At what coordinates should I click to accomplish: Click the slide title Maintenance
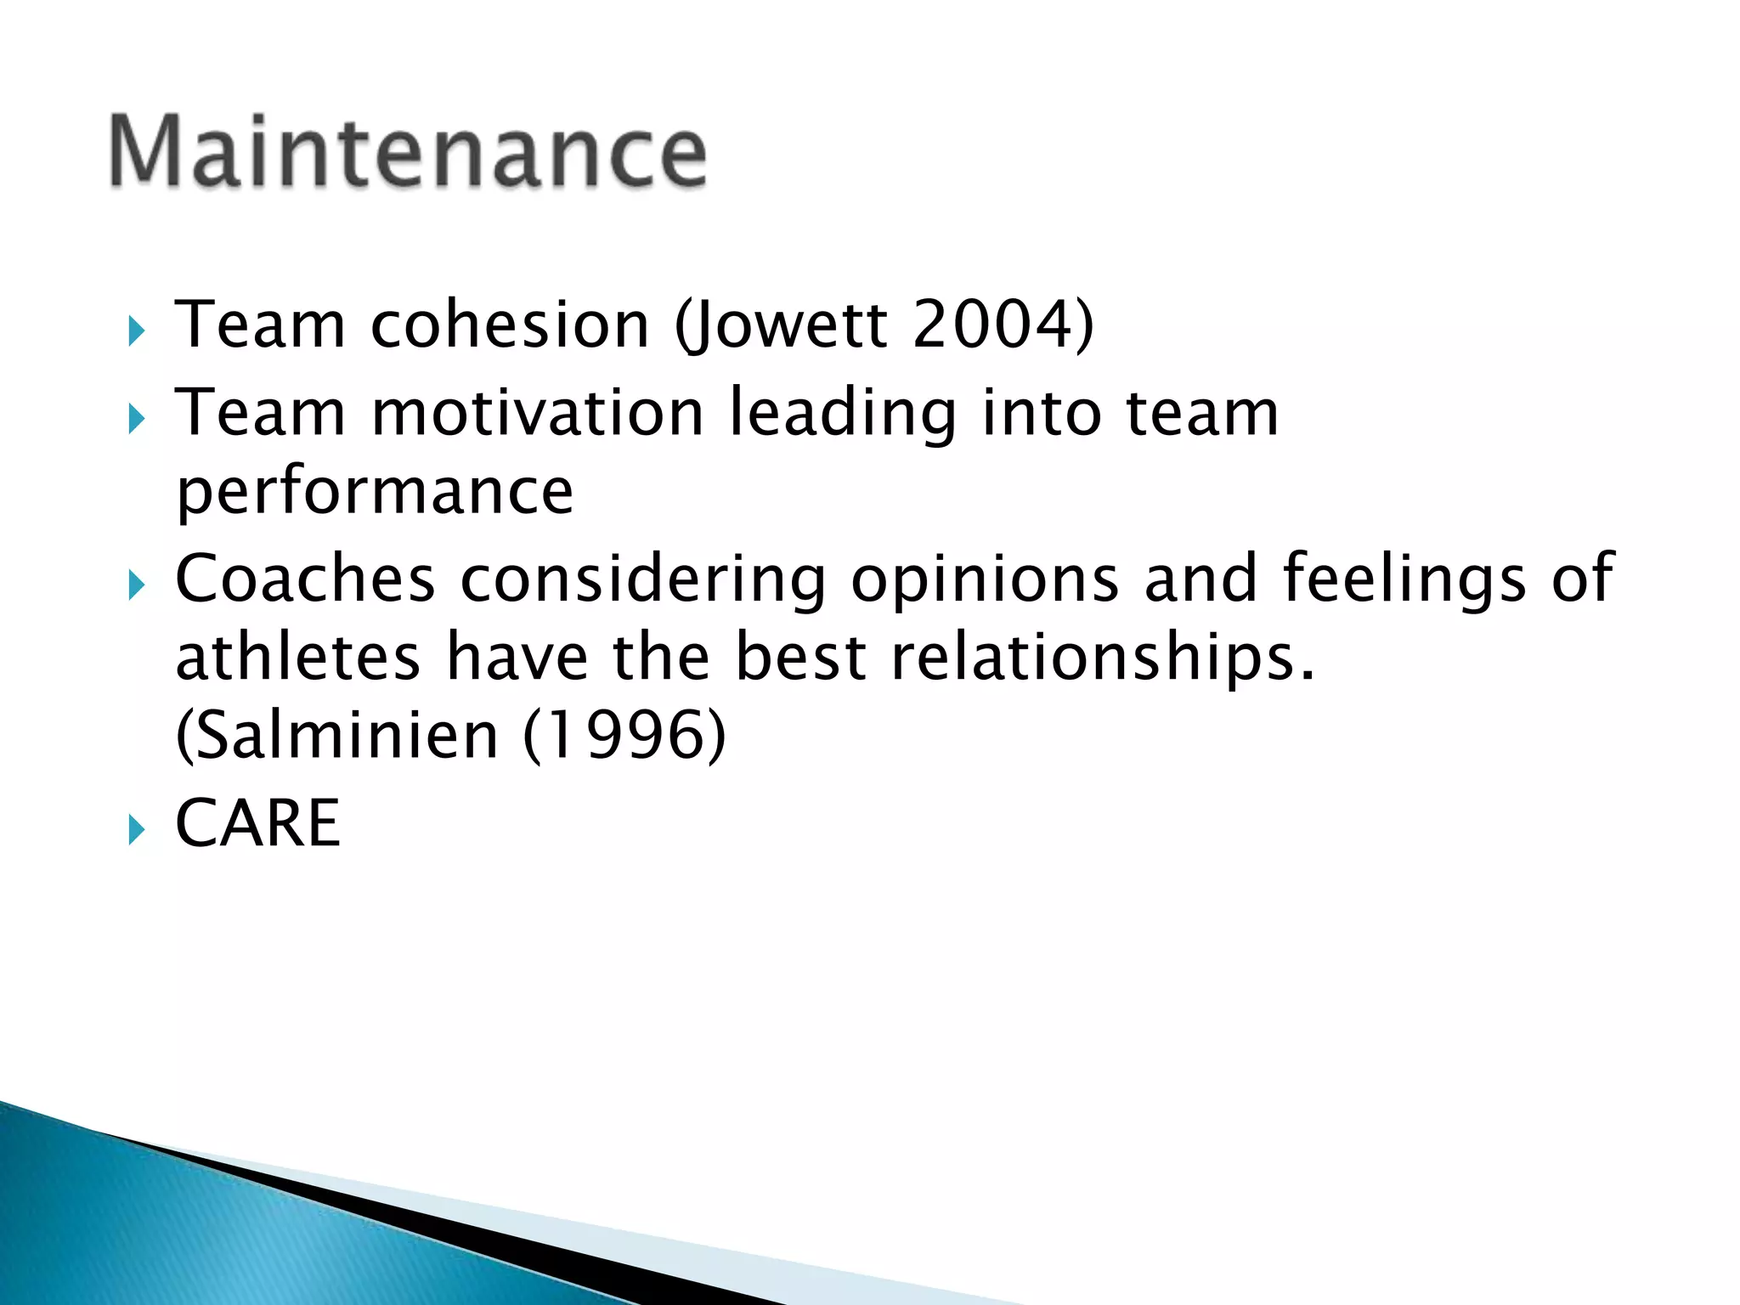click(408, 151)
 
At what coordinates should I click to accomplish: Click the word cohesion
click(511, 325)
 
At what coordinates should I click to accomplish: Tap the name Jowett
click(782, 325)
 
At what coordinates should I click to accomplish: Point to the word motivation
click(537, 413)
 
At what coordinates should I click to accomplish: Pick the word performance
click(375, 493)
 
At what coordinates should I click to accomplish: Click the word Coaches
click(305, 579)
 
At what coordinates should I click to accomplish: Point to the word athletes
click(298, 658)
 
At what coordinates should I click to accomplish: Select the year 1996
click(625, 736)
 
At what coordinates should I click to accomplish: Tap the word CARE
click(257, 823)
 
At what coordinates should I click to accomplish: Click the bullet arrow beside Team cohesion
click(136, 331)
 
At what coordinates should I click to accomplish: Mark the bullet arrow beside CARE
click(136, 830)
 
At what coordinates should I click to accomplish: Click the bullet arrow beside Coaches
click(136, 585)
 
